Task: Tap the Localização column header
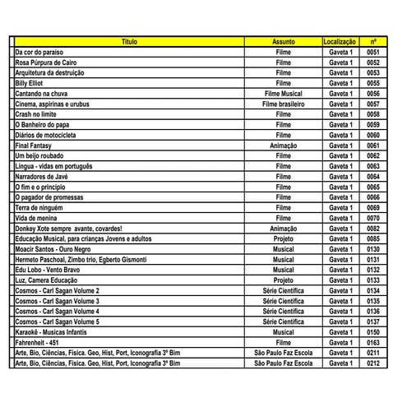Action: pyautogui.click(x=340, y=40)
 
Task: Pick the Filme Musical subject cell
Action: pyautogui.click(x=283, y=93)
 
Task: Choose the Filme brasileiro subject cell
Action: pyautogui.click(x=283, y=104)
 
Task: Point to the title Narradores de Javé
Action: pyautogui.click(x=42, y=176)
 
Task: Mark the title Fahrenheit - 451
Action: pyautogui.click(x=39, y=341)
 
